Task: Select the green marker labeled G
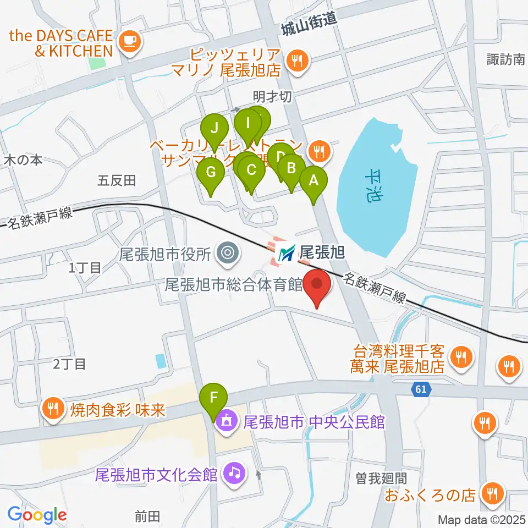(x=210, y=173)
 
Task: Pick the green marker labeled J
(x=215, y=129)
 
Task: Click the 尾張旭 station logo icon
(x=286, y=253)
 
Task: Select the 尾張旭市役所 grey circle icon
(x=227, y=254)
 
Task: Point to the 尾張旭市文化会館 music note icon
(x=234, y=474)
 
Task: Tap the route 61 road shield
(x=421, y=389)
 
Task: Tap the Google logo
(x=37, y=515)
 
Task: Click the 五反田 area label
(x=117, y=179)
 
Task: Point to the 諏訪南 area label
(x=506, y=59)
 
